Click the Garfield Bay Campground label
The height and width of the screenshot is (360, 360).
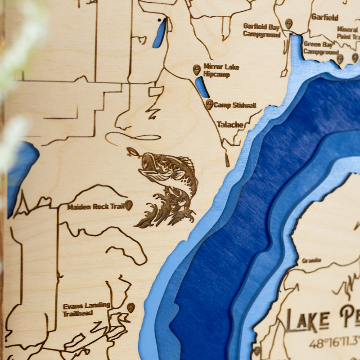(261, 30)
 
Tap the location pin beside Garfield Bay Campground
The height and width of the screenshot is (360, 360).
(288, 23)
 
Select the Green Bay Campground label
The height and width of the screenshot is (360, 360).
(320, 48)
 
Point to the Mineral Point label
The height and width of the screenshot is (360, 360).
(348, 33)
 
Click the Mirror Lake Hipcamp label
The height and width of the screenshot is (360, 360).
(221, 70)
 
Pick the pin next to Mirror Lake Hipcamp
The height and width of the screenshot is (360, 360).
(197, 69)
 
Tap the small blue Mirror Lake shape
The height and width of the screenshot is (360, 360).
(202, 87)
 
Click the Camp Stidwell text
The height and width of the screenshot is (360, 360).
(234, 105)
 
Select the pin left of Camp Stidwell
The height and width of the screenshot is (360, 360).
(209, 104)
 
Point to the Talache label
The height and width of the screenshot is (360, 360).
(230, 124)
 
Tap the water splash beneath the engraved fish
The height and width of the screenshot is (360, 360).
(166, 209)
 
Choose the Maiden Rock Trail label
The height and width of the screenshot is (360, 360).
(95, 207)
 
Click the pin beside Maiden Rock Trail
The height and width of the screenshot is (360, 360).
(129, 205)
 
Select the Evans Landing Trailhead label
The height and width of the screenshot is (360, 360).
(86, 309)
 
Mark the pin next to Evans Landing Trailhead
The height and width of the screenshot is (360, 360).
(131, 307)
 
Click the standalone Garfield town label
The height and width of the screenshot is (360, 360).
(324, 17)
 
